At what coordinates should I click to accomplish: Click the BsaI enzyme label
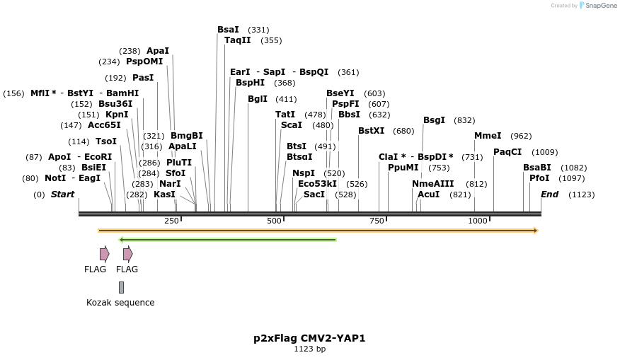pos(228,30)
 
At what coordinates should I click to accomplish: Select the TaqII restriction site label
pos(238,40)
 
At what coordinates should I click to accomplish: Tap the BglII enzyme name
pos(258,99)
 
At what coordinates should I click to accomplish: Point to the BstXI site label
pos(372,131)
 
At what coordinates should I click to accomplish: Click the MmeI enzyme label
pos(488,136)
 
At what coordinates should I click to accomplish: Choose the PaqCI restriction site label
pos(507,152)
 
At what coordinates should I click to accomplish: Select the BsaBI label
pos(537,168)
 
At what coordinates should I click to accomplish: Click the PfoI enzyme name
pos(539,178)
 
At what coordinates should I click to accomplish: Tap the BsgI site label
pos(434,120)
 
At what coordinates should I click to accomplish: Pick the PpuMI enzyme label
pos(403,168)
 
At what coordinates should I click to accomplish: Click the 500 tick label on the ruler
pos(274,221)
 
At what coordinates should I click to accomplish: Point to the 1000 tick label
pos(478,221)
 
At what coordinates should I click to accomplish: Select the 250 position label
pos(172,221)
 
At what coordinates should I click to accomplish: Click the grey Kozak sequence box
pos(122,287)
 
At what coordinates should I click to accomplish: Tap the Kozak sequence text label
pos(120,303)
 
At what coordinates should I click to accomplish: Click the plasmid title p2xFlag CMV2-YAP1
pos(309,338)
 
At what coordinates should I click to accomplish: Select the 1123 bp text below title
pos(309,349)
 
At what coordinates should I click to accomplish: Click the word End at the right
pos(550,194)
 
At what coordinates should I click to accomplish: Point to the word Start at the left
pos(62,194)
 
